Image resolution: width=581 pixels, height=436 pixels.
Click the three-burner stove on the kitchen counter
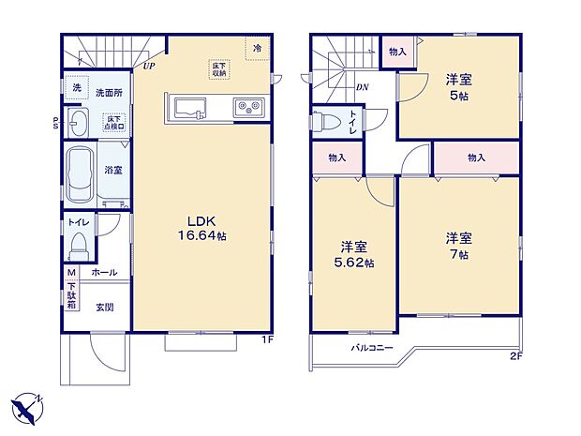251,105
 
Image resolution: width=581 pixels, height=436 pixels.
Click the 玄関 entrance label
104,307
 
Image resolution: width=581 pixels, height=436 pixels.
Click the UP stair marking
149,67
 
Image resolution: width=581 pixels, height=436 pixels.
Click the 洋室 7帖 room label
457,246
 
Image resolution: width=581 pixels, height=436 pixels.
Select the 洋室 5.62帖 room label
356,255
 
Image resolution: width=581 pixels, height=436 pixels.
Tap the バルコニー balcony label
372,348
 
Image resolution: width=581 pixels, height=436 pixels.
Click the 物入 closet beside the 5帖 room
397,53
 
